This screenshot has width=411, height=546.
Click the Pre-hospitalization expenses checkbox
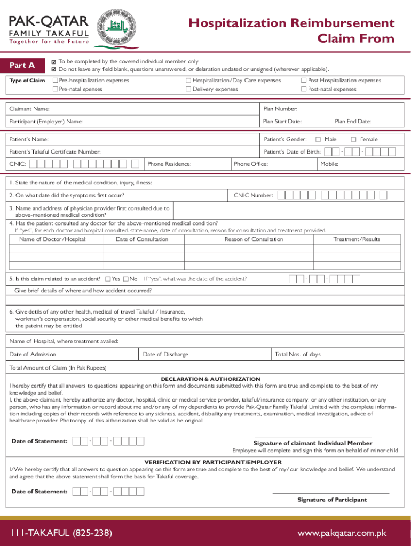tap(55, 81)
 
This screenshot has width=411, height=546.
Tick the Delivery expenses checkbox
tap(188, 89)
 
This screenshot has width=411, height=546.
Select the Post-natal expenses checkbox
tap(304, 89)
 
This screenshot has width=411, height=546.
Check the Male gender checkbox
tap(318, 139)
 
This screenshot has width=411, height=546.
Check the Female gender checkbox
tap(353, 139)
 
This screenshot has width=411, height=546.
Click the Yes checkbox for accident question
tap(108, 279)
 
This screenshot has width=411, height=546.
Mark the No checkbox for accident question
tap(126, 279)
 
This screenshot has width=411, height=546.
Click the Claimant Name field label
tap(30, 109)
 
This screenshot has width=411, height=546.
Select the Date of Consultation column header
tap(141, 239)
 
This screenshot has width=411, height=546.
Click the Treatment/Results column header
tap(357, 239)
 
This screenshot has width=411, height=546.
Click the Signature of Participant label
tap(332, 500)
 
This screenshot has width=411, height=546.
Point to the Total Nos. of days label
tap(298, 354)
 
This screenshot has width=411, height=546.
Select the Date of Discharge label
tap(165, 354)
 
